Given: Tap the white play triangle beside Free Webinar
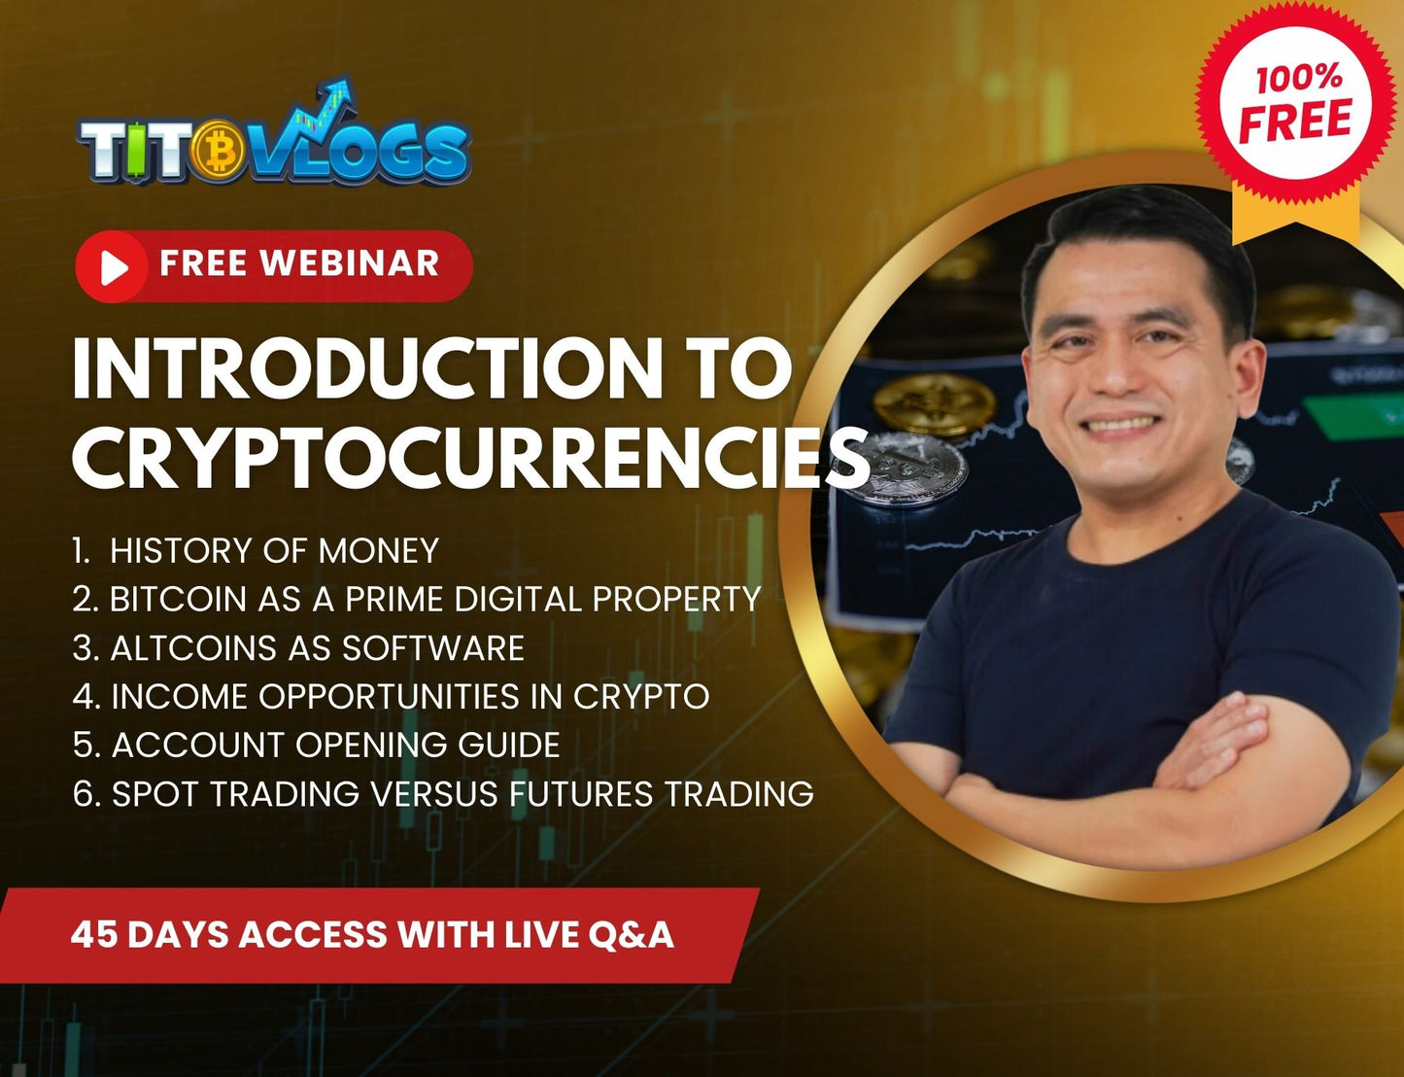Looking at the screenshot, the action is pyautogui.click(x=116, y=267).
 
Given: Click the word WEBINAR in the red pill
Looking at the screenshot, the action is pyautogui.click(x=350, y=263).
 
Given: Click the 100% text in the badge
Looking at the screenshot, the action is pyautogui.click(x=1299, y=79).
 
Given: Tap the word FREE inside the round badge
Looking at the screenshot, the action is pyautogui.click(x=1295, y=121).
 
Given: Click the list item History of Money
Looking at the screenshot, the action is pyautogui.click(x=256, y=551).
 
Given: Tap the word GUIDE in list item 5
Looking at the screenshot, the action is pyautogui.click(x=509, y=745).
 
